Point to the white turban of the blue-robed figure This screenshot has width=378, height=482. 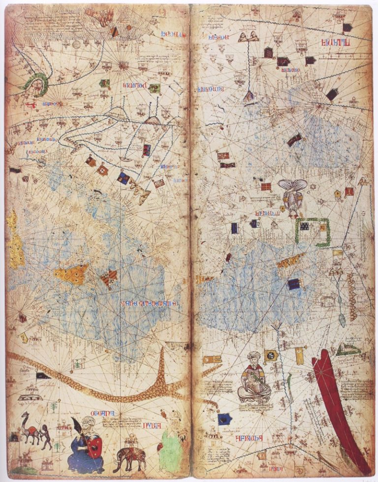(88, 422)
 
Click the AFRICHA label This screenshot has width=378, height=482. (249, 438)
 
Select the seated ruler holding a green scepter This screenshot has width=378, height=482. (254, 382)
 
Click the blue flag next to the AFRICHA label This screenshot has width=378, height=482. (225, 419)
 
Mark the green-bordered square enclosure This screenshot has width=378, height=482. (313, 232)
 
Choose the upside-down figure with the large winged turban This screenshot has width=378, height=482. (292, 195)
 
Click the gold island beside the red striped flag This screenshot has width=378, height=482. (72, 274)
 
